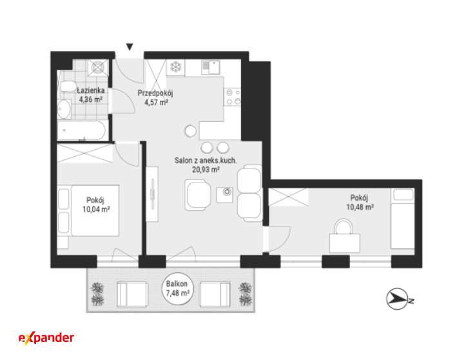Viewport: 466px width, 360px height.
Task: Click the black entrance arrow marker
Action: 130,46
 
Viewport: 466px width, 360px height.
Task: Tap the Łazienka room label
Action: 91,90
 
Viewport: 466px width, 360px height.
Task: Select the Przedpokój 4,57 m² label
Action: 155,98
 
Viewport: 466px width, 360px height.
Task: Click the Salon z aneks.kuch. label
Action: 206,161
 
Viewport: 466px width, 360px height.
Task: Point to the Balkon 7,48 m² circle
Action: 178,288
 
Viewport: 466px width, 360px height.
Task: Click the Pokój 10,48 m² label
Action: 360,203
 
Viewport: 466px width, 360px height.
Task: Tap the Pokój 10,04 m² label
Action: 96,205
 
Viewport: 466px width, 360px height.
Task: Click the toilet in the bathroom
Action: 68,85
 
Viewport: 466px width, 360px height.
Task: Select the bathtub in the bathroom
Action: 81,130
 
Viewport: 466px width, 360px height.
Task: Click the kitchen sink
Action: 210,68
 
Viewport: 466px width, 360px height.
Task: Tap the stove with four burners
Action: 232,97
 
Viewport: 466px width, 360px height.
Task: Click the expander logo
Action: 46,338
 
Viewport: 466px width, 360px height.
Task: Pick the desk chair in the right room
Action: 344,226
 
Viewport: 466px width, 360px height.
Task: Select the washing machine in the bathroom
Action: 98,68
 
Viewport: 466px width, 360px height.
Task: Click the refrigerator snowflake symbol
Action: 175,66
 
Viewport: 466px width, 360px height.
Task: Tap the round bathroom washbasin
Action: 64,109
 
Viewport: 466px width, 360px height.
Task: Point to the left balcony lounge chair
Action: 132,294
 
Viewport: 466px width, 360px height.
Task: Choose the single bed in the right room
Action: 403,219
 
